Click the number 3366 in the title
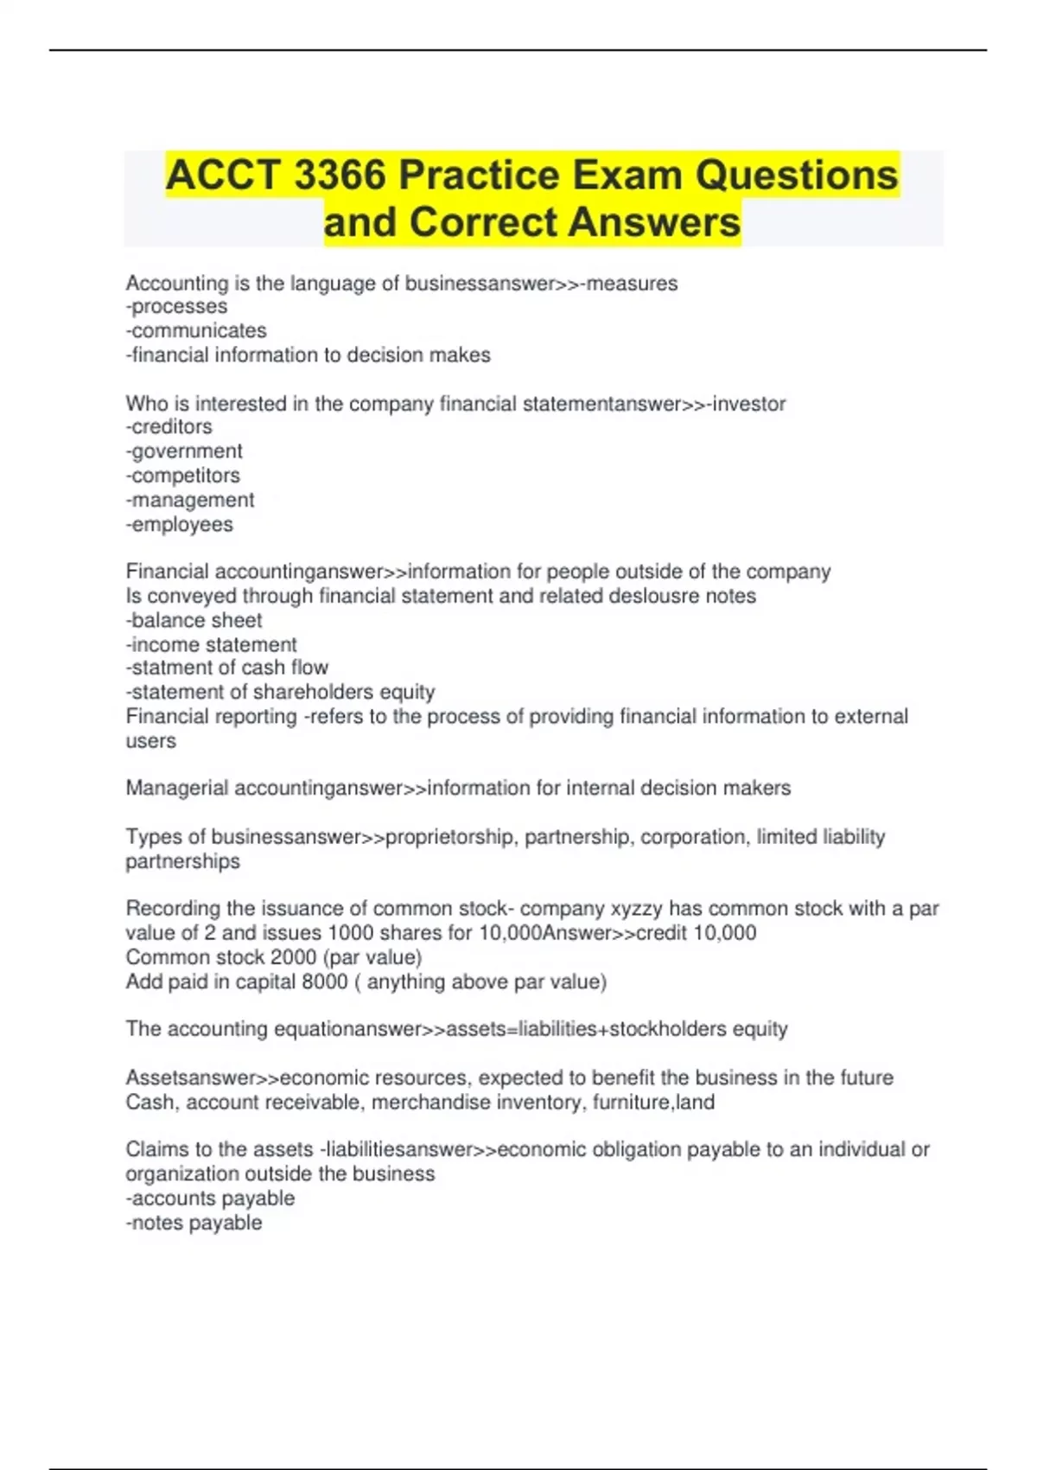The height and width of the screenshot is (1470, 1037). pos(340,176)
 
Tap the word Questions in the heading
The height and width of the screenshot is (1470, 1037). pos(797,176)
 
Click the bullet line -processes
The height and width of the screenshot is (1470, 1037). pos(176,307)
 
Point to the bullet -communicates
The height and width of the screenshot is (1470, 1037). pos(196,331)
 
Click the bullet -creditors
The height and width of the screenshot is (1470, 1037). pos(169,427)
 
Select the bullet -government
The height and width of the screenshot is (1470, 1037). pos(184,451)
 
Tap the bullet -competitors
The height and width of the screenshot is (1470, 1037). pos(182,476)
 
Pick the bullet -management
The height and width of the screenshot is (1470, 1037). pos(190,500)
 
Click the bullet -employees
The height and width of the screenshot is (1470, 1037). pos(179,524)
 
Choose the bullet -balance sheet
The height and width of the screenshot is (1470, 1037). pos(194,620)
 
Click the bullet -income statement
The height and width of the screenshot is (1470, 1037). pos(211,644)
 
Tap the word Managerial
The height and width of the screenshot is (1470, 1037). pos(177,788)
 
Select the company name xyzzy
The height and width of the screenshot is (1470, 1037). pos(637,909)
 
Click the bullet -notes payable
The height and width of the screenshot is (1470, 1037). pos(194,1223)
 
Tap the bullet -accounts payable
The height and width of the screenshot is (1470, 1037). pos(210,1198)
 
